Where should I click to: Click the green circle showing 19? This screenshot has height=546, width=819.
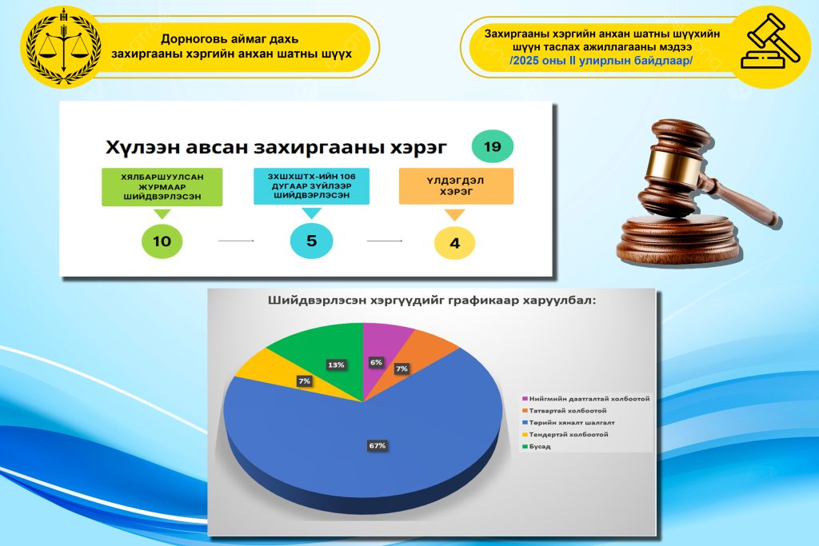(492, 146)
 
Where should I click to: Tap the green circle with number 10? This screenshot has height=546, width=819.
(162, 241)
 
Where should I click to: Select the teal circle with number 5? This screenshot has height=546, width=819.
(311, 241)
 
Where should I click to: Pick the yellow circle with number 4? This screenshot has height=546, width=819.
(454, 243)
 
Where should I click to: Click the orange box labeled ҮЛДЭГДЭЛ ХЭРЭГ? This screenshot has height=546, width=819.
(456, 186)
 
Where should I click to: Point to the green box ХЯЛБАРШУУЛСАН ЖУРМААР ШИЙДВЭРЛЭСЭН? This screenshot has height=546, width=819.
(162, 187)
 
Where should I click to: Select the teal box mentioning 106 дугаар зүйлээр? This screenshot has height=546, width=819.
(311, 185)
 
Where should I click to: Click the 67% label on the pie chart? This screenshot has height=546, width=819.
(378, 446)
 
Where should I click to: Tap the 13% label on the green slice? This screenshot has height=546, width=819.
(336, 365)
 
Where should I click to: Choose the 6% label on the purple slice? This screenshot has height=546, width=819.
(376, 362)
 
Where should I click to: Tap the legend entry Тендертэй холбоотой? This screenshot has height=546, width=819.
(565, 435)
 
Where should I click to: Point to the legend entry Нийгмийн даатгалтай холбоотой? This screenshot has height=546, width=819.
(586, 399)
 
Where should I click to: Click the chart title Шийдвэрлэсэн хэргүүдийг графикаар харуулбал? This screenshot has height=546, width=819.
(431, 301)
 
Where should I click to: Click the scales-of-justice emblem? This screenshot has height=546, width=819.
(63, 47)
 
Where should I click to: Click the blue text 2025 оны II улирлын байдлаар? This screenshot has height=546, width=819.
(601, 61)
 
